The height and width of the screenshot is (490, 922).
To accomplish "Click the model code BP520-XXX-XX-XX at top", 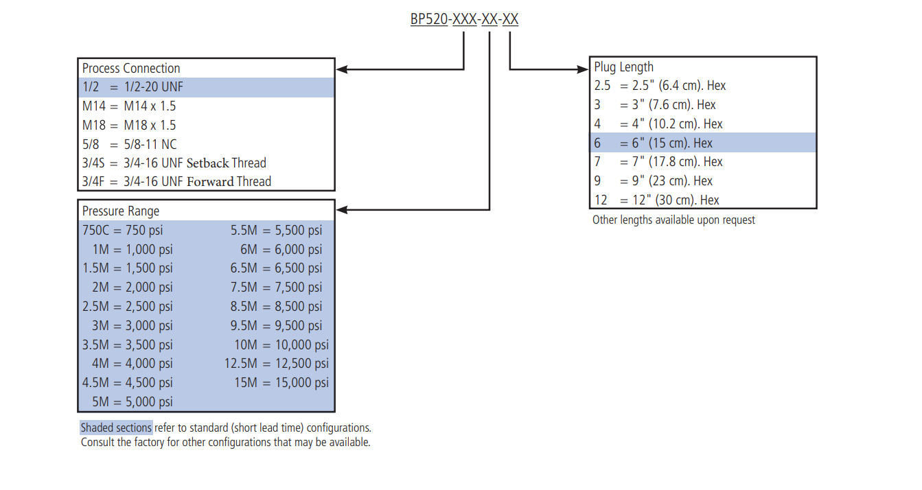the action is (464, 19).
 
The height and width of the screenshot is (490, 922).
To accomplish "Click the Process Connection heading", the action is (131, 69).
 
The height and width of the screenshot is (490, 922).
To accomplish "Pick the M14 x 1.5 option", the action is (129, 106).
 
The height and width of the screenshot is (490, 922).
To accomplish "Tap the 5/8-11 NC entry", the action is (129, 144).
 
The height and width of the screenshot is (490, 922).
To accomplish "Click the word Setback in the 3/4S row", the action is (207, 163).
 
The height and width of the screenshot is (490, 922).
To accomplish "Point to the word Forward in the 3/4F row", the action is (210, 181).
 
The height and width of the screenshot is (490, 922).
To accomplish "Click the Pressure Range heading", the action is (121, 211).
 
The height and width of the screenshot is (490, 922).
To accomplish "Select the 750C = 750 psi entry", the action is (122, 231).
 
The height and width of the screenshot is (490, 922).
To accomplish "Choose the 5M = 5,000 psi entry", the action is (132, 401).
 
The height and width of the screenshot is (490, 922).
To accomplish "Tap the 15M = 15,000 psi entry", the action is (281, 383).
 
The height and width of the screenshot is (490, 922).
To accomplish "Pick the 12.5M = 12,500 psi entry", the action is (277, 363).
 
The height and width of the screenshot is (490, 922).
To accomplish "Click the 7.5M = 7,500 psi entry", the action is (276, 287).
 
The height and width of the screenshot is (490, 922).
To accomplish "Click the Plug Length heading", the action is (623, 67).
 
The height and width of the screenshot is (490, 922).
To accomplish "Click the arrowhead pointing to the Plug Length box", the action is (583, 69).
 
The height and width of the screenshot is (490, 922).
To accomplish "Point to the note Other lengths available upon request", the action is (673, 220).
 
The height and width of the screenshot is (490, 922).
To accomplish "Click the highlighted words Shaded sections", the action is (116, 428).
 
